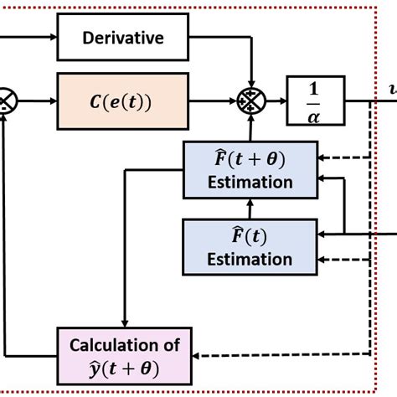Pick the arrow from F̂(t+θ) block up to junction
click(250, 129)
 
